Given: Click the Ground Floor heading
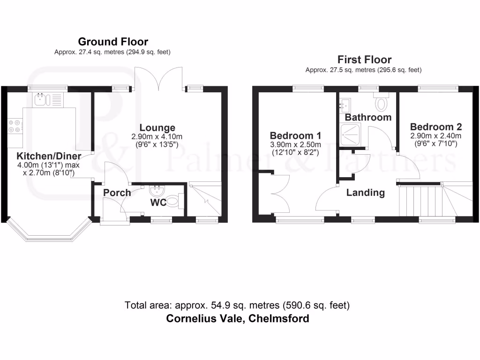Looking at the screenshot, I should coord(112,42).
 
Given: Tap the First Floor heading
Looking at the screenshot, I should coord(364,60).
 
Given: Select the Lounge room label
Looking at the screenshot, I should coord(157,127).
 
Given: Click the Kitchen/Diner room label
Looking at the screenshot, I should coord(49,156).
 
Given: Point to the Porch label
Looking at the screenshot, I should coord(117,193).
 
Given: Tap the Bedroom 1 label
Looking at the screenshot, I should coord(295,136).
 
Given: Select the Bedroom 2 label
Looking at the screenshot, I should coord(436,127).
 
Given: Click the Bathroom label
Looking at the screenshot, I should coord(368,117).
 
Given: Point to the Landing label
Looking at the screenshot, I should coord(366,192).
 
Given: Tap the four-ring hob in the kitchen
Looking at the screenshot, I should coord(14,126).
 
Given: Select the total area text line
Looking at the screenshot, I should coord(237,306).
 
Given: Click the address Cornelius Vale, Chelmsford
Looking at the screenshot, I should coord(238,319).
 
